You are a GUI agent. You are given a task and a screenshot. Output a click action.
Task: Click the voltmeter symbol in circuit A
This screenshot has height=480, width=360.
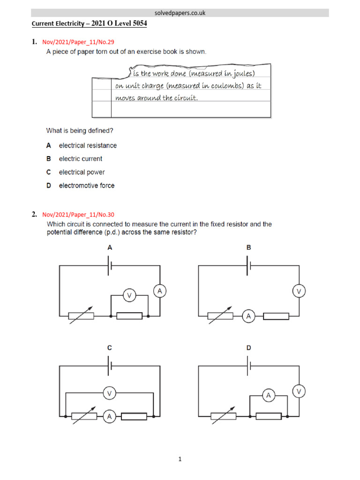coord(129,295)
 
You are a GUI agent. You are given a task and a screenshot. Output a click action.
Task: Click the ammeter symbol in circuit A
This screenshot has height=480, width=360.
coord(159,291)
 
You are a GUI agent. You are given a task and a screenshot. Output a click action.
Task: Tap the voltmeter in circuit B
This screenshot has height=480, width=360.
coord(299,291)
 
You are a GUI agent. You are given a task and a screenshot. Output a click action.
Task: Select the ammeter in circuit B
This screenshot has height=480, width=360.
coord(248,316)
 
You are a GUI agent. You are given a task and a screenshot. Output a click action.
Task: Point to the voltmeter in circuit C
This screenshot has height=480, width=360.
coord(109,394)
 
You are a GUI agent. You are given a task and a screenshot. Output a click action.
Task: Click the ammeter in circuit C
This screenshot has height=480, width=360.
coord(109,416)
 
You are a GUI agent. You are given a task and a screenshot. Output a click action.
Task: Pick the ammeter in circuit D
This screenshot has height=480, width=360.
coord(268,396)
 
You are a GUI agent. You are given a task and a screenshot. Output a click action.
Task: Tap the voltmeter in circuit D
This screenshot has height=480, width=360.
coord(299,390)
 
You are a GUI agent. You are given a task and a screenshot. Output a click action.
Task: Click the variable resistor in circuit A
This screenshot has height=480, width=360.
coord(81,316)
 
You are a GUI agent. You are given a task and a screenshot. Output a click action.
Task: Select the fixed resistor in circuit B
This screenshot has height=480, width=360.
coord(276,316)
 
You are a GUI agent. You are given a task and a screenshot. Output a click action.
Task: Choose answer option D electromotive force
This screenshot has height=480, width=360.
coord(86,186)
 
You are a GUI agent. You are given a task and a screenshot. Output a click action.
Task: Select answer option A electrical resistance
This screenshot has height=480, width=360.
coord(88,145)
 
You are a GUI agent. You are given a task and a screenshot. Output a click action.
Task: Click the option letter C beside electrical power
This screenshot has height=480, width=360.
coord(48,172)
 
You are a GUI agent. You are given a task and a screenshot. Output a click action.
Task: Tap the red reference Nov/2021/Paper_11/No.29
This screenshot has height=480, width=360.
coord(78,42)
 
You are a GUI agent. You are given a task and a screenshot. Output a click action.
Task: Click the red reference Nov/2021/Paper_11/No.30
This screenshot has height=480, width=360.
coord(78,215)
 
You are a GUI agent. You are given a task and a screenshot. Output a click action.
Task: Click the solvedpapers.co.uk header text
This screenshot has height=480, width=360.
coord(180,13)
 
